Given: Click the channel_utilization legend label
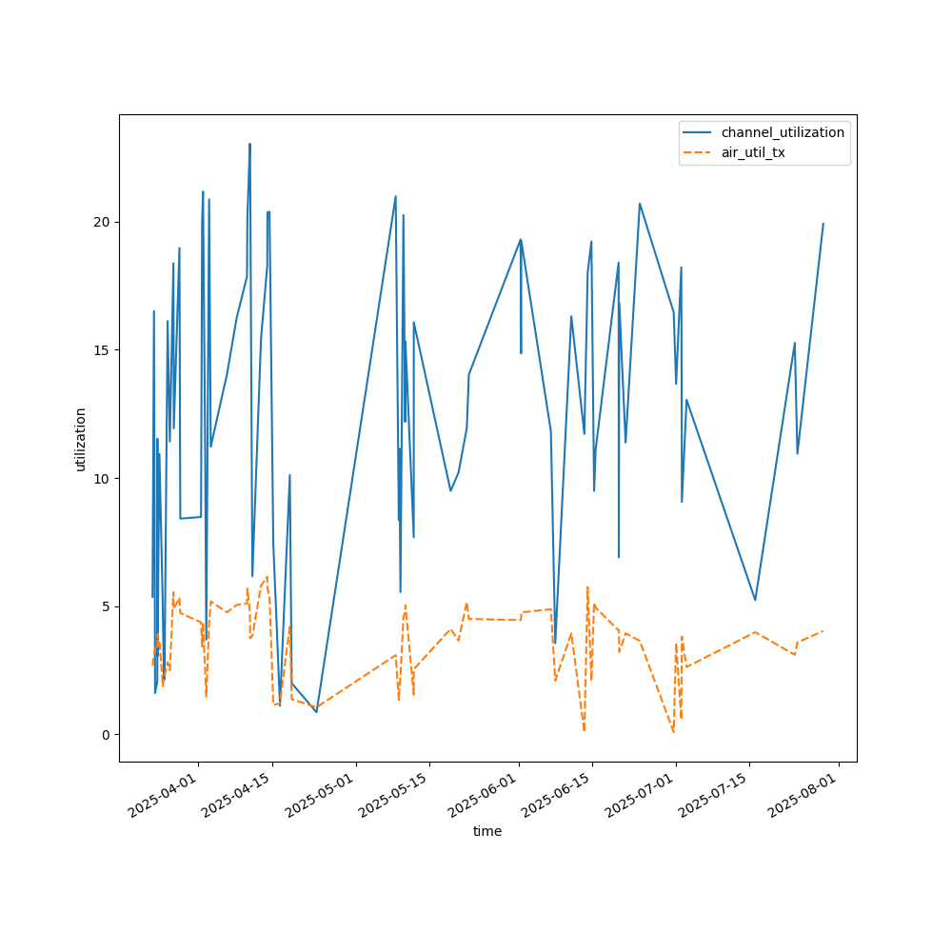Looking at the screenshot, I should click(783, 132).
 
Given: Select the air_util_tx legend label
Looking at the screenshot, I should click(753, 152).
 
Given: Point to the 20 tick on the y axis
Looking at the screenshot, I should click(105, 222).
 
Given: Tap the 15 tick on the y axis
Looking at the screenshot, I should click(105, 350).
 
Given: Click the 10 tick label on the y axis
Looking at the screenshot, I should click(105, 478).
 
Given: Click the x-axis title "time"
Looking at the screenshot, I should click(487, 831).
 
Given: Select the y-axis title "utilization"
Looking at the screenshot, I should click(81, 439).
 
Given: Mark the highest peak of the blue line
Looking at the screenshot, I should click(249, 145).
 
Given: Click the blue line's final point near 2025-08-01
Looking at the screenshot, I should click(823, 224).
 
